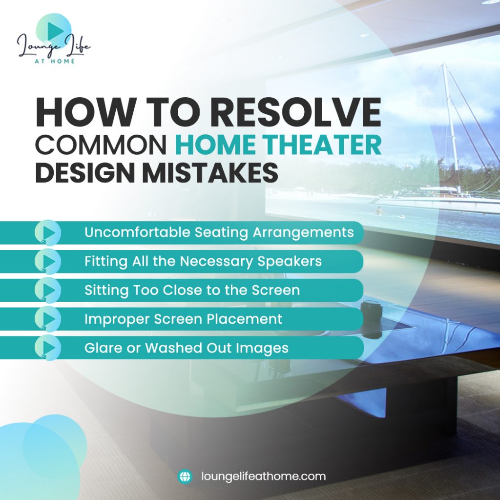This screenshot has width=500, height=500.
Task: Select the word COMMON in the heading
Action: click(101, 145)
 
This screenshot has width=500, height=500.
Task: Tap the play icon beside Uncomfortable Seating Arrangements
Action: click(48, 232)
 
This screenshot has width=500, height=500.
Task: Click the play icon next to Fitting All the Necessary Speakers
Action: click(48, 262)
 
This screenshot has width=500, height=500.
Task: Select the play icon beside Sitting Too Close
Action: click(48, 290)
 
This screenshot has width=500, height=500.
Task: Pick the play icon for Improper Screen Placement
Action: click(48, 319)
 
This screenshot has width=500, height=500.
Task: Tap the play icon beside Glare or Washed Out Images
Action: click(48, 348)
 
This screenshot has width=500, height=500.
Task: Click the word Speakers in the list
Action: click(290, 262)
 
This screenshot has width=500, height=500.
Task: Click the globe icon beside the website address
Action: click(185, 477)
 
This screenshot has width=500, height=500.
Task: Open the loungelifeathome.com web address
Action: click(263, 477)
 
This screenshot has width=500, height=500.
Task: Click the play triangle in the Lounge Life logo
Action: click(55, 31)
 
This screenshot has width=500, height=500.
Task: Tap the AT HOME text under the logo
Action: click(55, 61)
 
